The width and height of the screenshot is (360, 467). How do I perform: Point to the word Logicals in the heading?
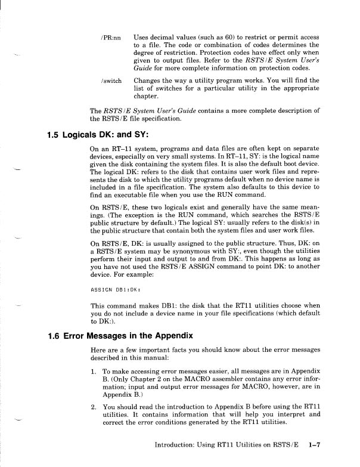84,135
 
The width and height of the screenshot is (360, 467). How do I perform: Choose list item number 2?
93,407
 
